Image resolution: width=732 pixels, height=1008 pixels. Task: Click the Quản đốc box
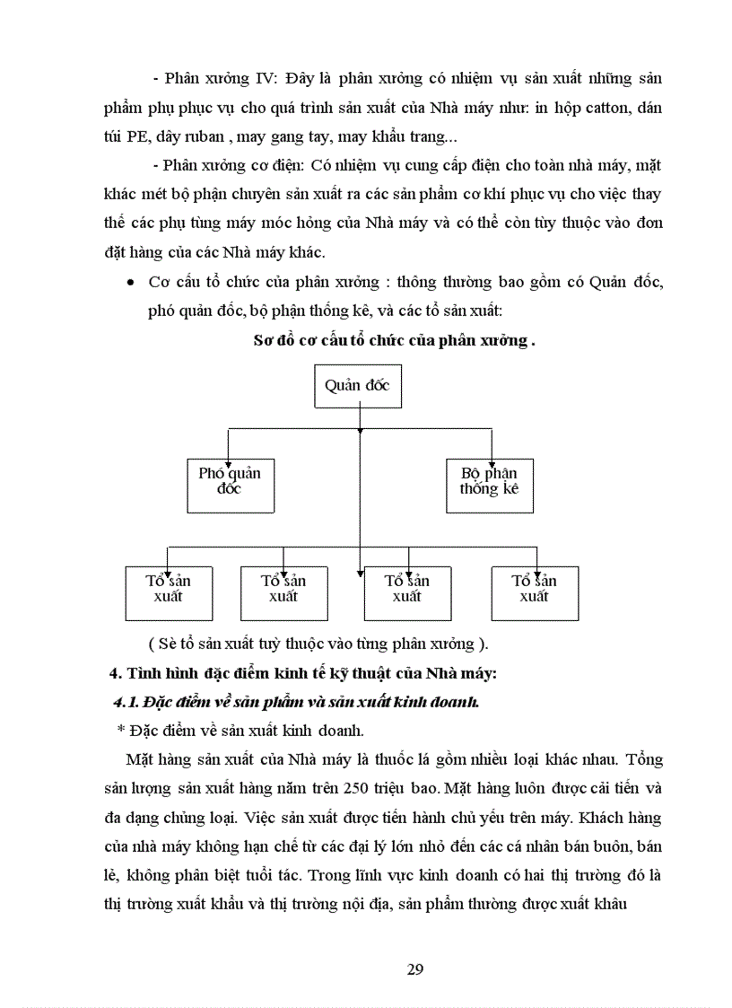tap(358, 385)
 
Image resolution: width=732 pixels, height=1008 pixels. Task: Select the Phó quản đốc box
tap(230, 481)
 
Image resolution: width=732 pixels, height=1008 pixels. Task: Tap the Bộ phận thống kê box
tap(489, 481)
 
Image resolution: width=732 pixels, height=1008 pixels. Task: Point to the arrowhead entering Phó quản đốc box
tap(230, 455)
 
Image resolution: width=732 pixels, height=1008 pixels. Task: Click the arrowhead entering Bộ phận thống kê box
tap(491, 455)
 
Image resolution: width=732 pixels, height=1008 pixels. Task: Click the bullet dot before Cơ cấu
tap(131, 282)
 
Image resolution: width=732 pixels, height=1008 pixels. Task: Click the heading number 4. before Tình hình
tap(112, 673)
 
